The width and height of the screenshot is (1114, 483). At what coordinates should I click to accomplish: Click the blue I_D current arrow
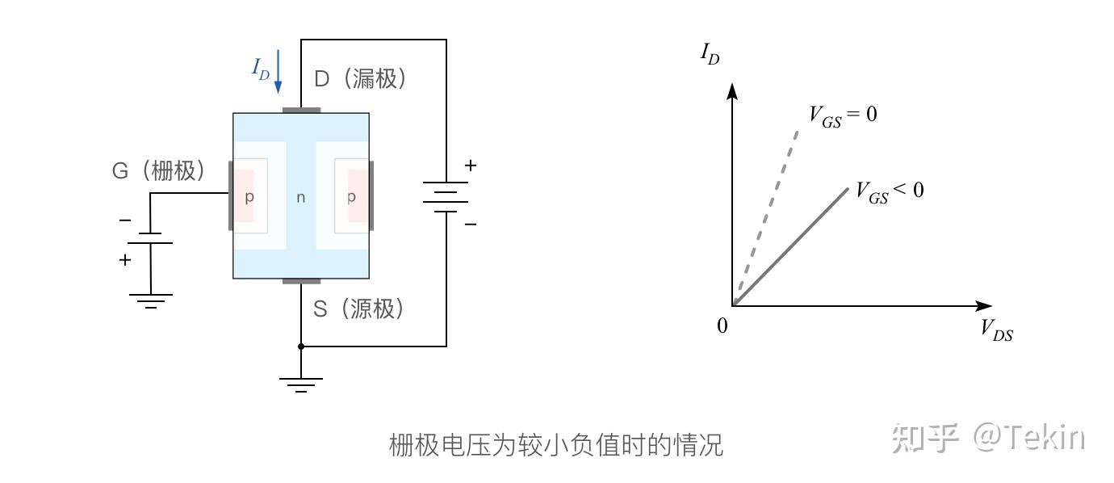(x=278, y=71)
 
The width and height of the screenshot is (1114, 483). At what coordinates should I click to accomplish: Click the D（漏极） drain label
(x=359, y=78)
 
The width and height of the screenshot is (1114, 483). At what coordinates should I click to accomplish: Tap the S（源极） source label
(x=358, y=309)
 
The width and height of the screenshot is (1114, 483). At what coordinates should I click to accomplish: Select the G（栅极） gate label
(x=158, y=171)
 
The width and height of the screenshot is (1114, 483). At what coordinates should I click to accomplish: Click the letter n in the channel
(x=301, y=197)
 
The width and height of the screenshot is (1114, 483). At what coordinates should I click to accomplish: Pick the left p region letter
(x=249, y=197)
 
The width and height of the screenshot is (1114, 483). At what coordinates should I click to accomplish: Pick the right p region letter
(x=351, y=197)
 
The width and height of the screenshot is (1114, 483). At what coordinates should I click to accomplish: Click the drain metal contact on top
(x=301, y=110)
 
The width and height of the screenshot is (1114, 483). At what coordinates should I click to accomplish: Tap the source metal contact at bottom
(x=301, y=281)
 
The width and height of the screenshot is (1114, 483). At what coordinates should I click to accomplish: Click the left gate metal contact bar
(x=230, y=195)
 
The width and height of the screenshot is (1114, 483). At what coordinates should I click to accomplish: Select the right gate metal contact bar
(x=371, y=195)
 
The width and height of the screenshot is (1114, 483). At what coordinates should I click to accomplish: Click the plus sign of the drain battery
(x=470, y=166)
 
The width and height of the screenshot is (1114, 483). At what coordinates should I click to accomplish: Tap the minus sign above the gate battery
(x=125, y=220)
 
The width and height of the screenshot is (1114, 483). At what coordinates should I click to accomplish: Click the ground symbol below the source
(x=301, y=383)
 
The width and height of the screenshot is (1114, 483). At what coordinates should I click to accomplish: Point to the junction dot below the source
(x=301, y=346)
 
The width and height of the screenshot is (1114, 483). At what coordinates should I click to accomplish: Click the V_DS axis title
(x=997, y=330)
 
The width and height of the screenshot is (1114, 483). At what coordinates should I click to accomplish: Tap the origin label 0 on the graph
(x=722, y=325)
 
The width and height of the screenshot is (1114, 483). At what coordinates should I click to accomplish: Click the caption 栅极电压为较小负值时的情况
(x=555, y=444)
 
